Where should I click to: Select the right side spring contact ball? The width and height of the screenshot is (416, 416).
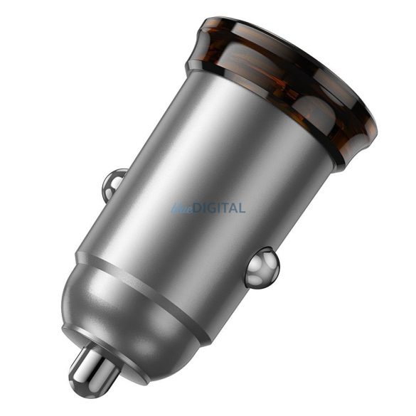[x=262, y=267]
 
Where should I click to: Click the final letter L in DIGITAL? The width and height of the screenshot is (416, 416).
[x=242, y=208]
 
